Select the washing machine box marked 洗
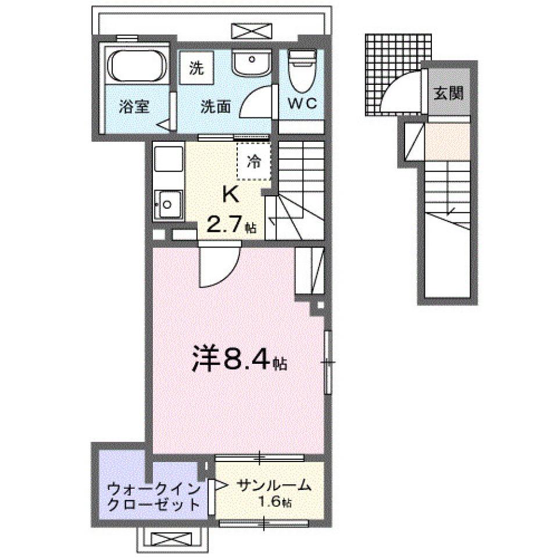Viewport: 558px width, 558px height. point(196,68)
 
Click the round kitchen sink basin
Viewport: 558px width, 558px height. point(167,204)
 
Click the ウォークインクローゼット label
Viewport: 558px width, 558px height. point(154,495)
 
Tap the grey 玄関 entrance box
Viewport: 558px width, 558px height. point(450,93)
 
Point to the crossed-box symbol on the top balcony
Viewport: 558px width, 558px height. point(251,31)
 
